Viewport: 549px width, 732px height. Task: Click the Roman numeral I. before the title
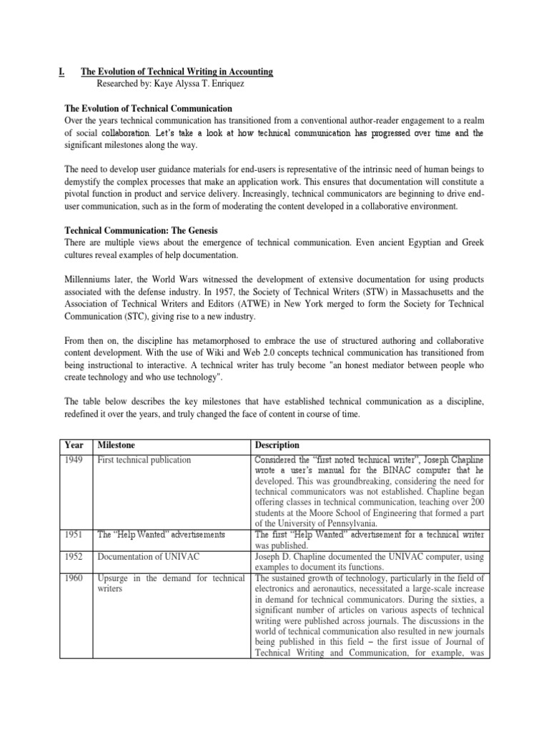pos(61,71)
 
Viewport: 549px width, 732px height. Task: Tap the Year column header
pos(74,445)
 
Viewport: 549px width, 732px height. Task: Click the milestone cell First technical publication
pos(145,460)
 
